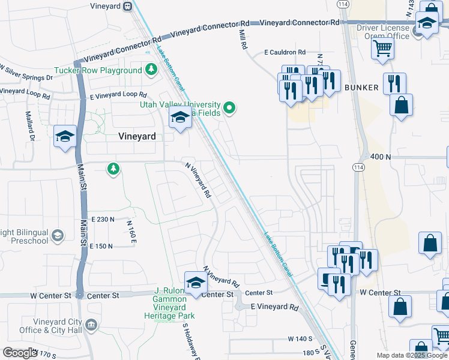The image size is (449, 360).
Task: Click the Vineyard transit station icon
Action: [127, 7]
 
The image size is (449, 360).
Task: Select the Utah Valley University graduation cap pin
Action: [180, 119]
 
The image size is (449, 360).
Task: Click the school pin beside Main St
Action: [65, 136]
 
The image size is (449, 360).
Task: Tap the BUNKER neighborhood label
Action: [361, 88]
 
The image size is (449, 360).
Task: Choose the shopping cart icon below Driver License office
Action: [382, 50]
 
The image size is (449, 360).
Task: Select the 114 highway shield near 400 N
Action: [358, 167]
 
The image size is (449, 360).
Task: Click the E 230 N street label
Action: [102, 220]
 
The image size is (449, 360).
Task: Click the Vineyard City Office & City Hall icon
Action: [91, 326]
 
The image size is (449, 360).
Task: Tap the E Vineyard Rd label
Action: [274, 308]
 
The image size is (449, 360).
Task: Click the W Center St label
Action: [380, 293]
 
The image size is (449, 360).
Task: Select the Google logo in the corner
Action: [20, 352]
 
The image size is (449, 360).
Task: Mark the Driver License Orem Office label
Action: [383, 32]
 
